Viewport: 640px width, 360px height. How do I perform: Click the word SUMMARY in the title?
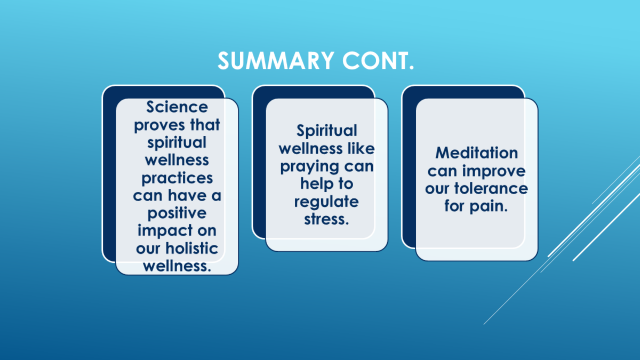[x=276, y=61]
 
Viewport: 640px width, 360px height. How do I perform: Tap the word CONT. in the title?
[x=378, y=61]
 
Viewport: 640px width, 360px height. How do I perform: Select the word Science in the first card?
[x=177, y=107]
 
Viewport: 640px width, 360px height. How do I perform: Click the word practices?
[x=177, y=179]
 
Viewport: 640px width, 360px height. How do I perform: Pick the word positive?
[x=177, y=214]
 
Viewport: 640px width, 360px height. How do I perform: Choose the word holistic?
[x=192, y=248]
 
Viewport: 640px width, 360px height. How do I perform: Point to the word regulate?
[x=326, y=203]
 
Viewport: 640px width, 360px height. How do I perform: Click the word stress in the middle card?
[x=324, y=219]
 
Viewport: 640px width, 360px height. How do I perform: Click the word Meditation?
[x=477, y=153]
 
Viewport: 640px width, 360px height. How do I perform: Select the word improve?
[x=494, y=172]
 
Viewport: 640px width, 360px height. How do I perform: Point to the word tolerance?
[x=491, y=189]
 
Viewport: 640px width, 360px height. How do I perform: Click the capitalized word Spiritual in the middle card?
[x=326, y=131]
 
